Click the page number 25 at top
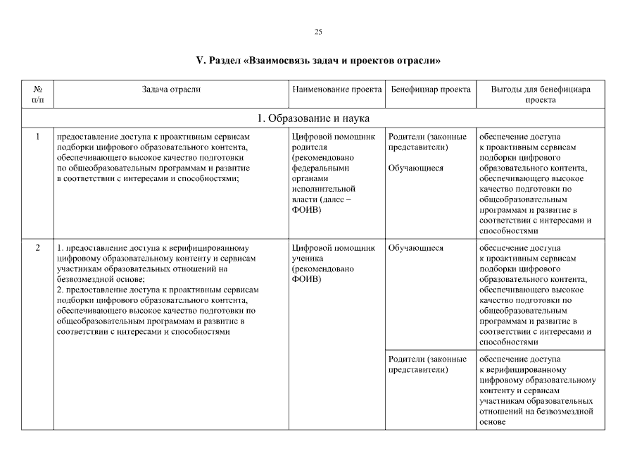[x=318, y=32]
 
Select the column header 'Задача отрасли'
[x=171, y=89]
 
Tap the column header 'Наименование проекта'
[x=337, y=89]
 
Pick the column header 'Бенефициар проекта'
[x=431, y=89]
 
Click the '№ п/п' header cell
[x=38, y=94]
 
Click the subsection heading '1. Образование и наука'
[x=313, y=118]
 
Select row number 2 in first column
[x=38, y=248]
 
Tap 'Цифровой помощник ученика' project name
[x=333, y=253]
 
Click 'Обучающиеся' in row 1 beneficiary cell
[x=415, y=168]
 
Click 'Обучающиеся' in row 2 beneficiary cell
[x=415, y=248]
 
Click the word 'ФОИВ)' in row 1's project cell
[x=305, y=210]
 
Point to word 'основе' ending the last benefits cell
[x=492, y=422]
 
